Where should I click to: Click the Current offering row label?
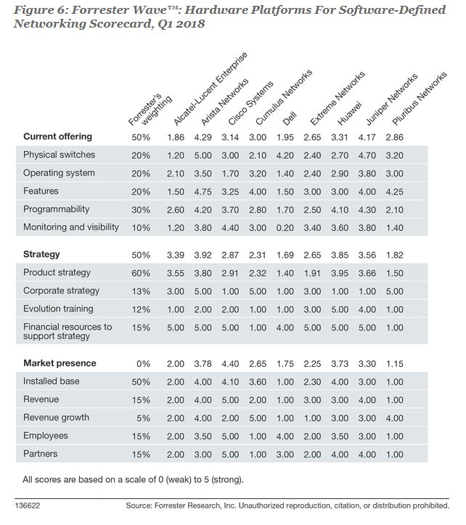point(57,137)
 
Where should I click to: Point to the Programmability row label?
point(57,209)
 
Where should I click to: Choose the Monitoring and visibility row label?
point(71,227)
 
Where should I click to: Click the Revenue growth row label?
point(56,418)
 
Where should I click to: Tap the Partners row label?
point(41,454)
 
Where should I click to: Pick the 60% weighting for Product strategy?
point(141,272)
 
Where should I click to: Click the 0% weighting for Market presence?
point(141,363)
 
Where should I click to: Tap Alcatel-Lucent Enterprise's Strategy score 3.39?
point(176,254)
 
